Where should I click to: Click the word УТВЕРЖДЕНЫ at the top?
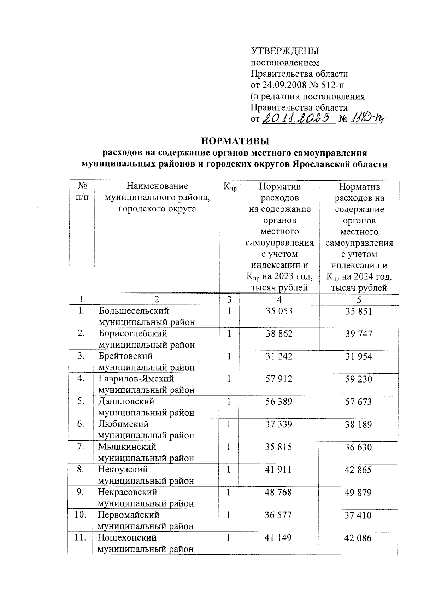(x=285, y=51)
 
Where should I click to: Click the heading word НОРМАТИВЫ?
(x=235, y=141)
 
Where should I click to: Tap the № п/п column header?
(x=82, y=192)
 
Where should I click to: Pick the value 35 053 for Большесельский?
(x=279, y=311)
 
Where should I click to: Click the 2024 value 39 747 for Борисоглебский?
(x=359, y=334)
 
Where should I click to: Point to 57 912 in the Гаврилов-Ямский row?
(x=279, y=379)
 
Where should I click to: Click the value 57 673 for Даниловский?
(x=358, y=402)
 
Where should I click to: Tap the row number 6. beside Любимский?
(x=81, y=424)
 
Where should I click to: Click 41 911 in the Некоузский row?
(x=278, y=470)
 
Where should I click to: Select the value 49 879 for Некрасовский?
(x=358, y=493)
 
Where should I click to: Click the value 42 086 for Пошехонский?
(x=358, y=538)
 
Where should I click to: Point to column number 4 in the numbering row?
(x=279, y=300)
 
